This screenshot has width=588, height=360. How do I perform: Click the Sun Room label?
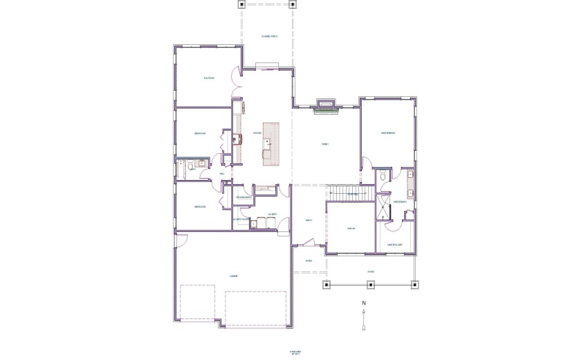209,78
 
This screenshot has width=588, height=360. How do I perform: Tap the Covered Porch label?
269,36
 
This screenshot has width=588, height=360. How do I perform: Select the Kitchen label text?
256,133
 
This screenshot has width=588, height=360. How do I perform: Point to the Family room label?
324,144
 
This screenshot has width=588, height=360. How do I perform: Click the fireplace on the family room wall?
325,105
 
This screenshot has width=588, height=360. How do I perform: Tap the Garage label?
235,276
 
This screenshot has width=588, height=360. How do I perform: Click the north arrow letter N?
363,303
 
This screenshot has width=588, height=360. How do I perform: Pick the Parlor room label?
351,228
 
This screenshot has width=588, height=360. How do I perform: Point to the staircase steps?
343,192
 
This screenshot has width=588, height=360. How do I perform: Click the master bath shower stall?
383,208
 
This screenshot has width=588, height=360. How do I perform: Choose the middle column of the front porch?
371,285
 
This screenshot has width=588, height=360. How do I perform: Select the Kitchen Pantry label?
243,197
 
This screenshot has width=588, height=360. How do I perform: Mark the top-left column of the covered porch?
241,4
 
